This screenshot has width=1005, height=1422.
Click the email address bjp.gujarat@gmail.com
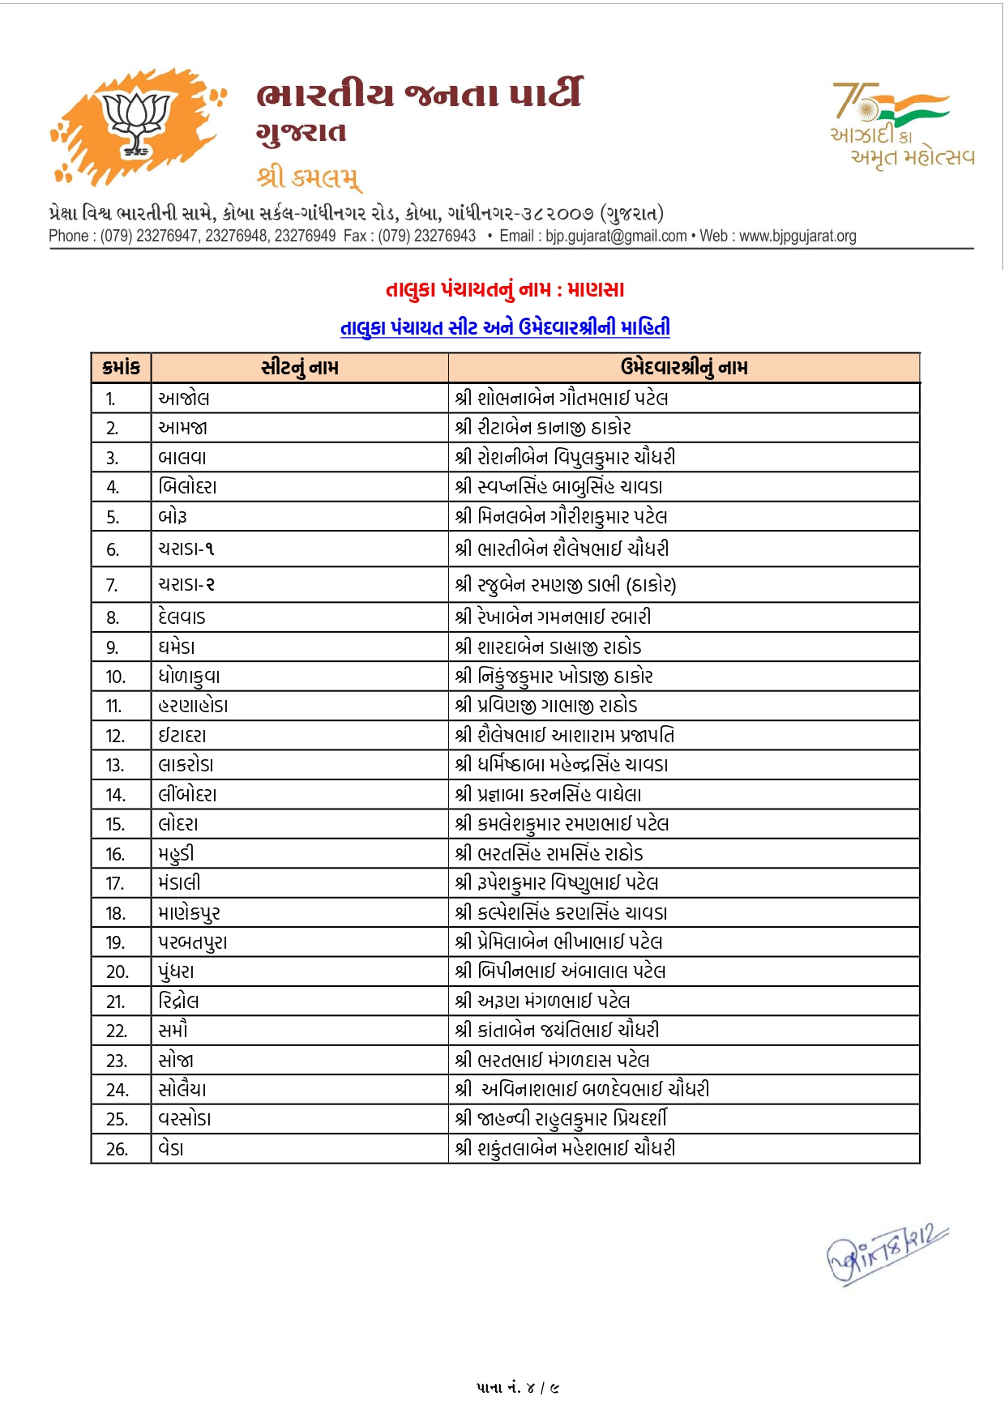[616, 236]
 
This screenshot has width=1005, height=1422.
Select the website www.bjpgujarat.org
[798, 236]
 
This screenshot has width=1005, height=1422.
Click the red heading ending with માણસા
[504, 289]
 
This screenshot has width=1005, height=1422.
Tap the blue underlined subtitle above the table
[504, 327]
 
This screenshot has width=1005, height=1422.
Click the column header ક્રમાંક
[122, 368]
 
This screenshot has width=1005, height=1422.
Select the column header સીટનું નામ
[300, 368]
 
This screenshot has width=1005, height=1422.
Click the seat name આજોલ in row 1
[184, 399]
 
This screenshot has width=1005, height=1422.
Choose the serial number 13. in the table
[115, 765]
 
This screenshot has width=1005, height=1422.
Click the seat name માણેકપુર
[189, 913]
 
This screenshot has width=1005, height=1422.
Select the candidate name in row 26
[565, 1148]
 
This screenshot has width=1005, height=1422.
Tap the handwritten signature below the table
[885, 1253]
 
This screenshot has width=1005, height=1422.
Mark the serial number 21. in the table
[116, 1001]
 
